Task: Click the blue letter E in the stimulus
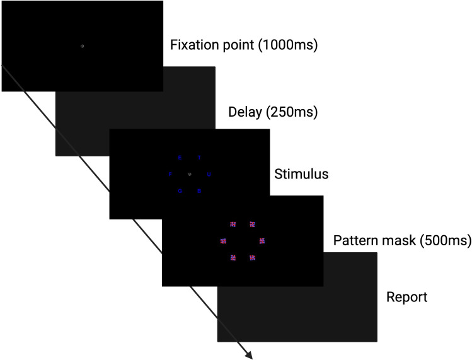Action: (x=180, y=158)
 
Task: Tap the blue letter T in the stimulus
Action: (x=200, y=158)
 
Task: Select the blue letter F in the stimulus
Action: (x=170, y=174)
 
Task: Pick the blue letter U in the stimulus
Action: (x=209, y=174)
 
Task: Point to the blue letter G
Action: (x=180, y=190)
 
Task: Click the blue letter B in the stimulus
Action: (x=199, y=190)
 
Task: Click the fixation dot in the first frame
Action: (x=82, y=46)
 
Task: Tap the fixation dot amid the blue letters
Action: (x=190, y=174)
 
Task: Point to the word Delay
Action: (x=244, y=113)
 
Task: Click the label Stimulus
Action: (x=301, y=174)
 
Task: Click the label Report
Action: (x=406, y=297)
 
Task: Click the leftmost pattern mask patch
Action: (x=223, y=240)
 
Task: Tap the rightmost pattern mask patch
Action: (x=262, y=240)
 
